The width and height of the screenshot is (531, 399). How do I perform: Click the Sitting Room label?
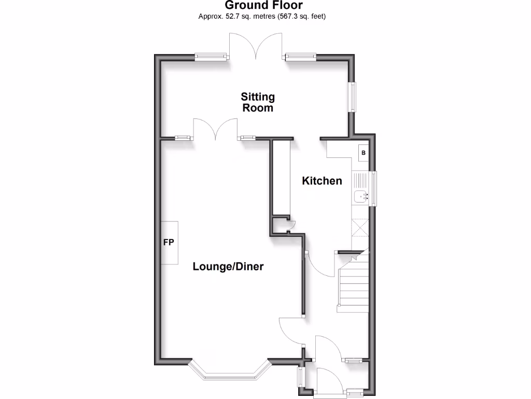pyautogui.click(x=258, y=102)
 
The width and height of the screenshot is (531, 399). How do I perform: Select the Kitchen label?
pyautogui.click(x=322, y=181)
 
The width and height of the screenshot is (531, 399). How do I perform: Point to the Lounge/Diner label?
pyautogui.click(x=228, y=267)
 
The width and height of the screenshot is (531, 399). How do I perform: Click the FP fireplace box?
pyautogui.click(x=169, y=243)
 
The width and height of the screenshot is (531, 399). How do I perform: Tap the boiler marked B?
pyautogui.click(x=363, y=153)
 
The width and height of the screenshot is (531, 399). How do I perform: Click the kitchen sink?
pyautogui.click(x=360, y=196)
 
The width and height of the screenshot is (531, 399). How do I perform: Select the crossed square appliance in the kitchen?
pyautogui.click(x=360, y=228)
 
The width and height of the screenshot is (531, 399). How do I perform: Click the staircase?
pyautogui.click(x=353, y=286)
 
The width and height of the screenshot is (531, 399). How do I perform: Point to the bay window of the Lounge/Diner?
pyautogui.click(x=228, y=370)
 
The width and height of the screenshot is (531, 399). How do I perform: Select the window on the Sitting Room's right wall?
pyautogui.click(x=353, y=97)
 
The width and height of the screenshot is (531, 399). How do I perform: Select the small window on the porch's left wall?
pyautogui.click(x=300, y=382)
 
